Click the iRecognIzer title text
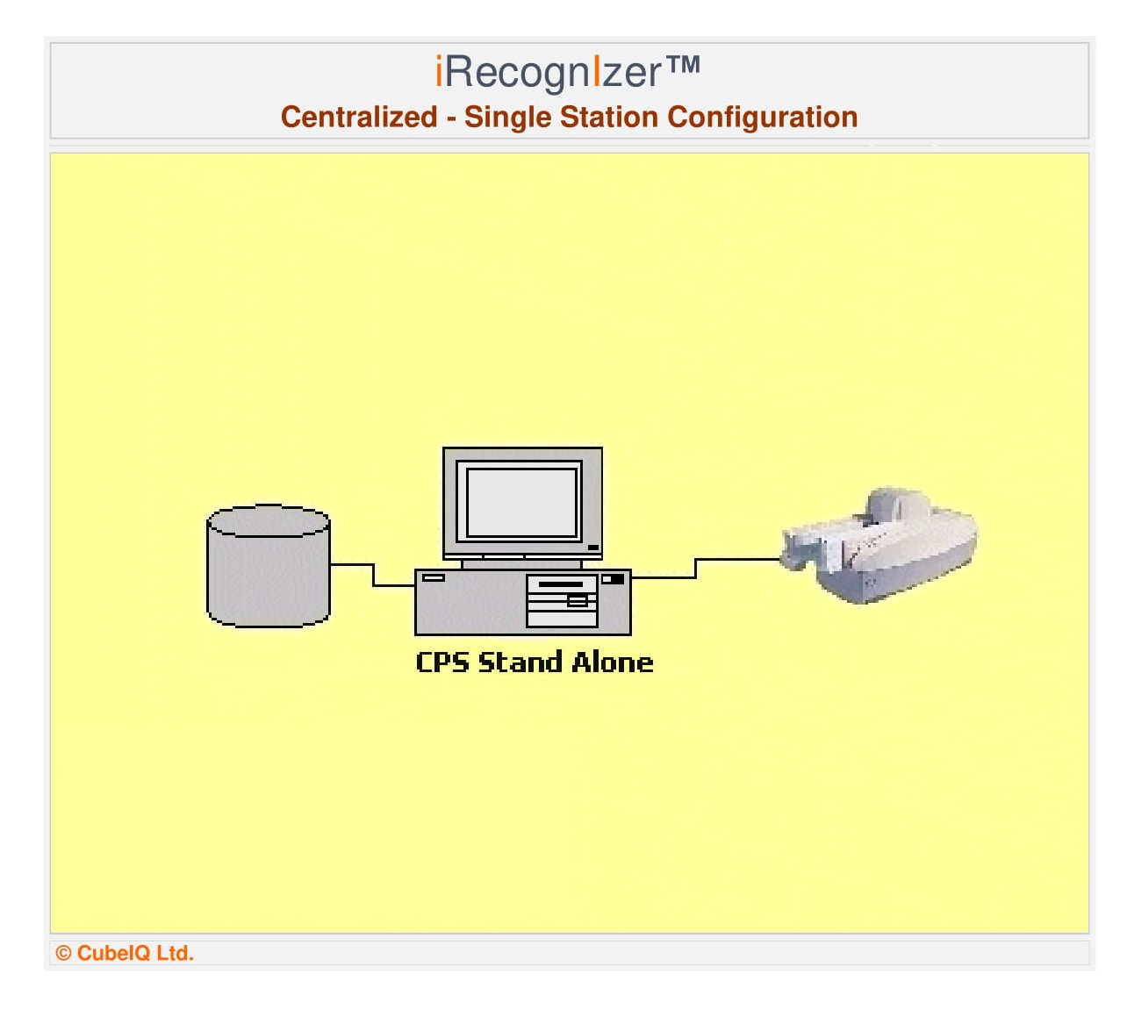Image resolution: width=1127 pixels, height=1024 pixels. pos(567,73)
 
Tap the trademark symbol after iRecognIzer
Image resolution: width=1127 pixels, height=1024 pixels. pos(682,65)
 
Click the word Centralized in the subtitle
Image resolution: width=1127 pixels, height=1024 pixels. pos(358,117)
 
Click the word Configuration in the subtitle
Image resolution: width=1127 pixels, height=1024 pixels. pos(763,118)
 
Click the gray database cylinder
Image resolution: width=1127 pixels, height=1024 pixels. pos(269,566)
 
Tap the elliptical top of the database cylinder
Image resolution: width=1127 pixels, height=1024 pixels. pos(269,520)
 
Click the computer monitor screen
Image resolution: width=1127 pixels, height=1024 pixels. pos(521,502)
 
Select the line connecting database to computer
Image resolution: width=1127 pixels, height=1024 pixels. pos(374,576)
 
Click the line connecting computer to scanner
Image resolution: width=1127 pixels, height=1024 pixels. pos(696,568)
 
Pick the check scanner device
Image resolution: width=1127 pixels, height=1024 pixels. pos(879,546)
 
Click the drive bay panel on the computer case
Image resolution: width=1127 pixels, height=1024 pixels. pos(561,601)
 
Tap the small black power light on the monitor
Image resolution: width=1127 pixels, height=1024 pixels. pos(593,548)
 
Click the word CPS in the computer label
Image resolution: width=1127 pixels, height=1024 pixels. pos(442,662)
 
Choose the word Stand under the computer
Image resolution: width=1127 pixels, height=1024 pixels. pos(520,662)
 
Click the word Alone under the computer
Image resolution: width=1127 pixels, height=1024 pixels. pos(613,662)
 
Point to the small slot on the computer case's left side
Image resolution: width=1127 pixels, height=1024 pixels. pos(434,577)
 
